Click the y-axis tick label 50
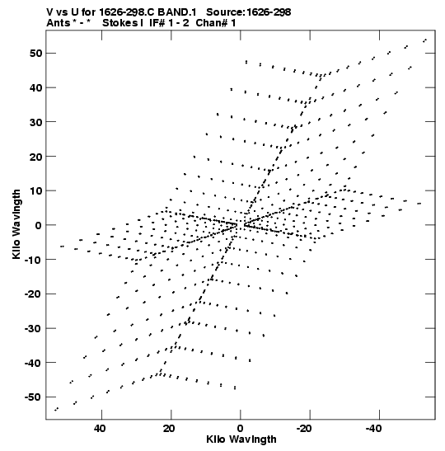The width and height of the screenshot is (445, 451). tap(36, 54)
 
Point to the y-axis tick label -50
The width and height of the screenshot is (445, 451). tap(34, 397)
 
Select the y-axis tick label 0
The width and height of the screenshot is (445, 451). tap(39, 225)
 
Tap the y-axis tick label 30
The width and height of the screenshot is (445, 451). tap(36, 122)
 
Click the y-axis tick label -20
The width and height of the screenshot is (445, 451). tap(34, 294)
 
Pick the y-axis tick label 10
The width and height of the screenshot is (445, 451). tap(36, 190)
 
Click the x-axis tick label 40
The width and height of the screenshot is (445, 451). tap(100, 429)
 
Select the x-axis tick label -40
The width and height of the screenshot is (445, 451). tap(373, 429)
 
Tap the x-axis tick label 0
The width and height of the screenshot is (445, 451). tap(240, 429)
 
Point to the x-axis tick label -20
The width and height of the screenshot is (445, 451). tap(304, 429)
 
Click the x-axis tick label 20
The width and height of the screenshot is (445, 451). tap(169, 429)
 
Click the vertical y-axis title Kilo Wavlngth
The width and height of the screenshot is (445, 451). tap(16, 224)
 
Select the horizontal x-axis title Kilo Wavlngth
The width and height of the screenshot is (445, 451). tap(241, 439)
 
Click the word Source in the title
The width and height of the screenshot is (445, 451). tap(226, 12)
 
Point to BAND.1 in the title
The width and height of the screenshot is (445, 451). tap(177, 12)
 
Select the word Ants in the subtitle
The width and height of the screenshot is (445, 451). tap(59, 23)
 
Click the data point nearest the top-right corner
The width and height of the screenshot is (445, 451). tap(424, 40)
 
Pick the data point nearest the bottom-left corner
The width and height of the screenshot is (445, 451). tap(56, 409)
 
